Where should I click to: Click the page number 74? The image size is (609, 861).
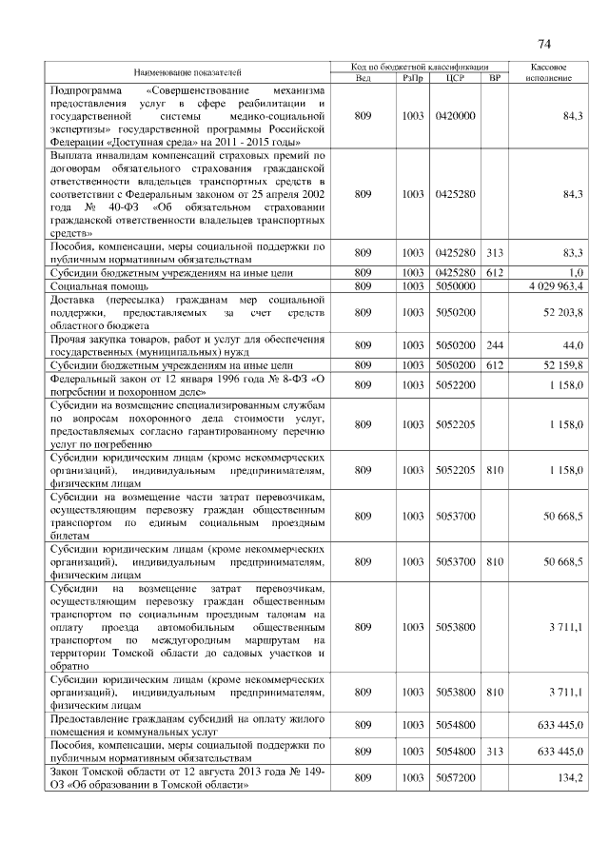[544, 44]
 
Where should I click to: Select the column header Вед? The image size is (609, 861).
[363, 78]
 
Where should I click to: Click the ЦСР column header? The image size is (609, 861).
[454, 78]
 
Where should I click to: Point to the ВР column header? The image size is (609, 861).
[494, 78]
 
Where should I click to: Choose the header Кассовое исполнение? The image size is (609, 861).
[547, 72]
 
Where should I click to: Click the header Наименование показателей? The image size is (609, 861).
[187, 72]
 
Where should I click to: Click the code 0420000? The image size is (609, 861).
[454, 114]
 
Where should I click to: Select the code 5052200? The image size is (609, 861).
[454, 384]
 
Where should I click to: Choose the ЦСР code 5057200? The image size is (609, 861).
[454, 778]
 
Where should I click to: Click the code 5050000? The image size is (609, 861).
[454, 285]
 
